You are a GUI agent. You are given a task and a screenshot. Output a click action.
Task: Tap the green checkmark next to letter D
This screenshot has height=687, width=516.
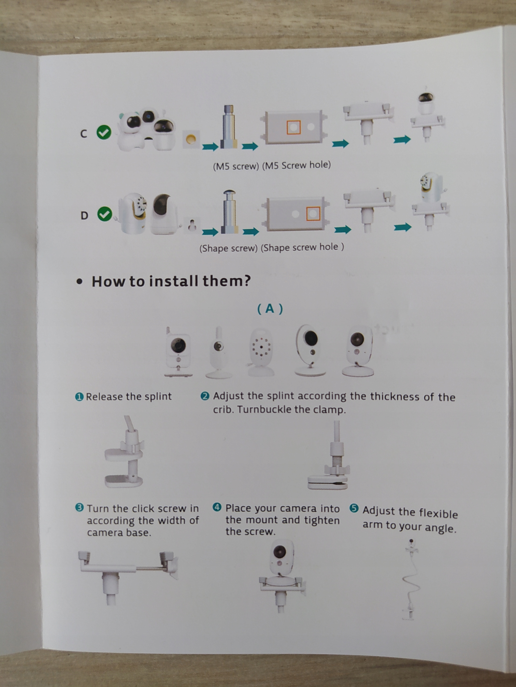coord(105,214)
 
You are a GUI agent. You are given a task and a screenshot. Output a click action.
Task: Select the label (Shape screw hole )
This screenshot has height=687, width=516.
coord(302,247)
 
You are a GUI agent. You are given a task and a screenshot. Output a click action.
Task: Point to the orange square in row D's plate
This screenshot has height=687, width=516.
coord(313,213)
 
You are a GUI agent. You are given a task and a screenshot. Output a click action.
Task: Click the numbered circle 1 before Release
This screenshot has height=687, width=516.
coord(80,397)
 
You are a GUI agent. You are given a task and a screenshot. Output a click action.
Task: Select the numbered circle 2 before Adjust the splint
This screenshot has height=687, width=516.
coord(205,396)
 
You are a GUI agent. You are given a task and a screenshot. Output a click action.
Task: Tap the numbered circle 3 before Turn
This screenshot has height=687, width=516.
coord(80,508)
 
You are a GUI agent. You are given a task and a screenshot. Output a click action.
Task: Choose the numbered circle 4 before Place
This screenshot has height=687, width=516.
coord(217,507)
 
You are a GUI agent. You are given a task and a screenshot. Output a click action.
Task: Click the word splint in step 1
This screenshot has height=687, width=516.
coord(158,396)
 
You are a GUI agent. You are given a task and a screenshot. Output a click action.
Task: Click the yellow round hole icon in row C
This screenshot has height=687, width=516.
coord(191,139)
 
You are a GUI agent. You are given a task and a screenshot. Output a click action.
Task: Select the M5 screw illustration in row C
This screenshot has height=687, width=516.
coord(229,127)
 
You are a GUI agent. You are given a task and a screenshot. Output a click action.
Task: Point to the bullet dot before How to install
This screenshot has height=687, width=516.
coord(80,282)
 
